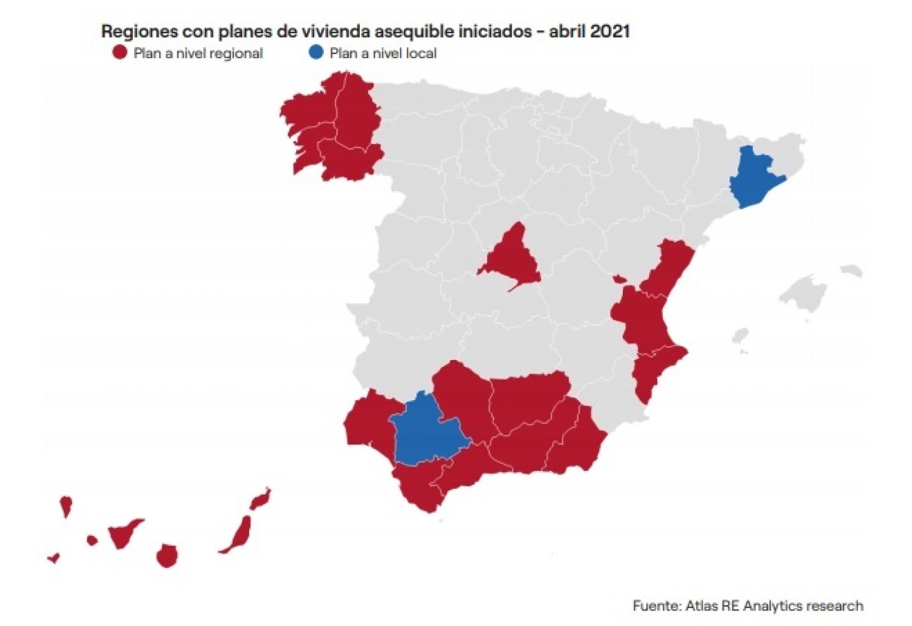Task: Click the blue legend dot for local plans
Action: tap(316, 52)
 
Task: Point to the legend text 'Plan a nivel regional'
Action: tap(198, 54)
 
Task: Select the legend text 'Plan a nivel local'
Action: tap(383, 54)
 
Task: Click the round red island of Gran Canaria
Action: tap(167, 556)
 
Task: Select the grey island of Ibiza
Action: tap(740, 336)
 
